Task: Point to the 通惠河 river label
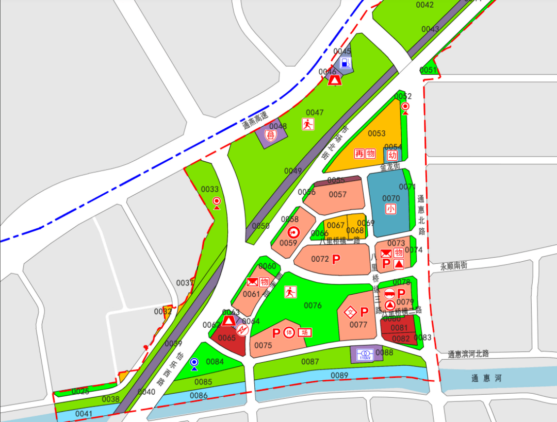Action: (486, 379)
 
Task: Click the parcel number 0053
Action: (376, 133)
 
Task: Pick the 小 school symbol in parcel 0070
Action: (390, 209)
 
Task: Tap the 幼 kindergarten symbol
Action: (392, 155)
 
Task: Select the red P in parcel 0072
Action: (336, 259)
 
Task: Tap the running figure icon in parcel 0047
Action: (308, 124)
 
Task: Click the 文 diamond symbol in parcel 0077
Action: (351, 312)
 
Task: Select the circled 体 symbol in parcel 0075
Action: (289, 332)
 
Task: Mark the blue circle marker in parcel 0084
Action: (194, 362)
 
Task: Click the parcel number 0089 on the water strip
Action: (339, 376)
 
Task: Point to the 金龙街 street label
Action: (390, 167)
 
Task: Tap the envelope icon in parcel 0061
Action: (252, 282)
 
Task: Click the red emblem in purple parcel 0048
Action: (270, 135)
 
